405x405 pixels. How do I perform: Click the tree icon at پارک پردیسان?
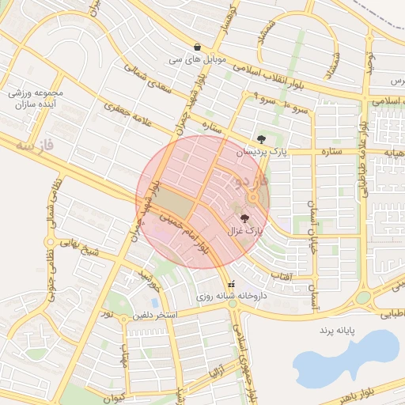click(x=261, y=139)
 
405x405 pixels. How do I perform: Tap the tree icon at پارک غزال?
click(x=243, y=219)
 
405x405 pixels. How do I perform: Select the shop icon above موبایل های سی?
click(x=197, y=47)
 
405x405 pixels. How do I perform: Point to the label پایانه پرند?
click(x=340, y=327)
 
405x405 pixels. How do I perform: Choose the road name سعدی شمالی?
click(x=146, y=81)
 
